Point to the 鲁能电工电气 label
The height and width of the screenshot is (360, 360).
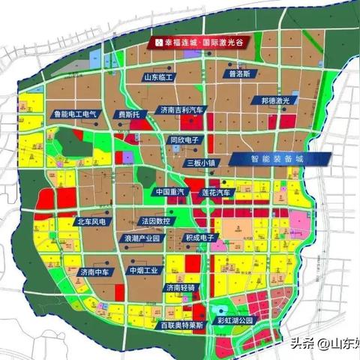[75, 115]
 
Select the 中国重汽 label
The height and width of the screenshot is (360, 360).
[172, 192]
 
